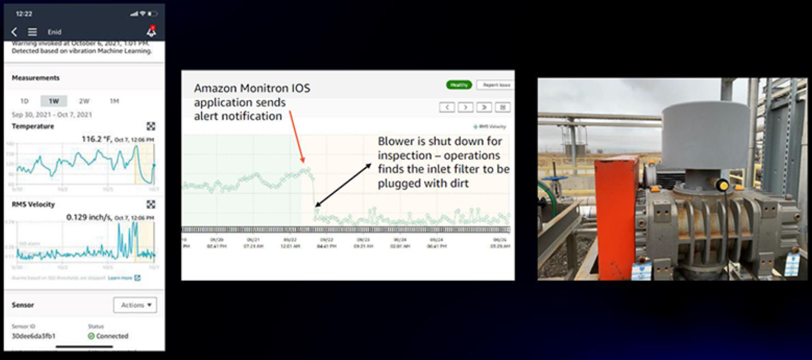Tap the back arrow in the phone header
(14, 32)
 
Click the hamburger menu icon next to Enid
(32, 32)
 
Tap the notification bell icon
(151, 31)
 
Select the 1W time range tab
(53, 101)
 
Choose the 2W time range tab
(84, 101)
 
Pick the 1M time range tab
(114, 101)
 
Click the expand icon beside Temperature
(151, 126)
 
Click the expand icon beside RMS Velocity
(151, 204)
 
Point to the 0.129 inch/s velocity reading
(89, 217)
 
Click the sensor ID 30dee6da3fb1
(33, 336)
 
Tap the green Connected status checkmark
(91, 336)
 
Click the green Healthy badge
(458, 85)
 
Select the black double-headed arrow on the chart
(343, 185)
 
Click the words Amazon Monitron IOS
(252, 88)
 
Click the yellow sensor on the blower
(722, 186)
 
